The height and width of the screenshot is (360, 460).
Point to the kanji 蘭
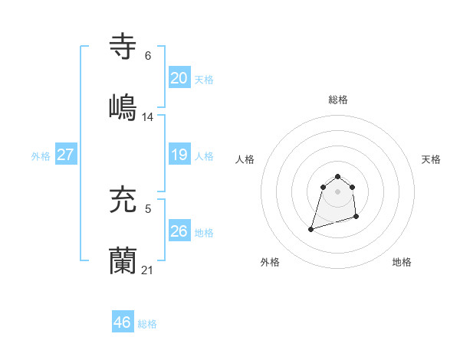(x=123, y=261)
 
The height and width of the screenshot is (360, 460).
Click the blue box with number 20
(x=179, y=78)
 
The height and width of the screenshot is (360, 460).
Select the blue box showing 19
(x=179, y=155)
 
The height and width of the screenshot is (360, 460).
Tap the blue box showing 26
(x=179, y=231)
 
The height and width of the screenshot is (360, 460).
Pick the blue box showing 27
(x=65, y=155)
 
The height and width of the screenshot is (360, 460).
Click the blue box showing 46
(x=122, y=322)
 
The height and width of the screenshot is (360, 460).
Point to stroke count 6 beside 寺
(x=148, y=56)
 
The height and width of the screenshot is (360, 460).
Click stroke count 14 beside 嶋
(x=148, y=117)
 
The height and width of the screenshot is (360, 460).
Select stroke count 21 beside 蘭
(x=148, y=270)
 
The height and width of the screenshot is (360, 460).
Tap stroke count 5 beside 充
(x=148, y=208)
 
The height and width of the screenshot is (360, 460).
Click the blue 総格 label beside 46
(x=147, y=324)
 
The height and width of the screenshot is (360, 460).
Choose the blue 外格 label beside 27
(x=41, y=156)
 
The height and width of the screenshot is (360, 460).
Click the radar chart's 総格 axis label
(x=338, y=100)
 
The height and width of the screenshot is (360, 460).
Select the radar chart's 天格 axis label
(x=431, y=159)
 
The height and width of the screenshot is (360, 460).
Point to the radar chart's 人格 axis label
(x=245, y=159)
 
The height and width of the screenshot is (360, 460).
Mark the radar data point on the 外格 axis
(x=311, y=228)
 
